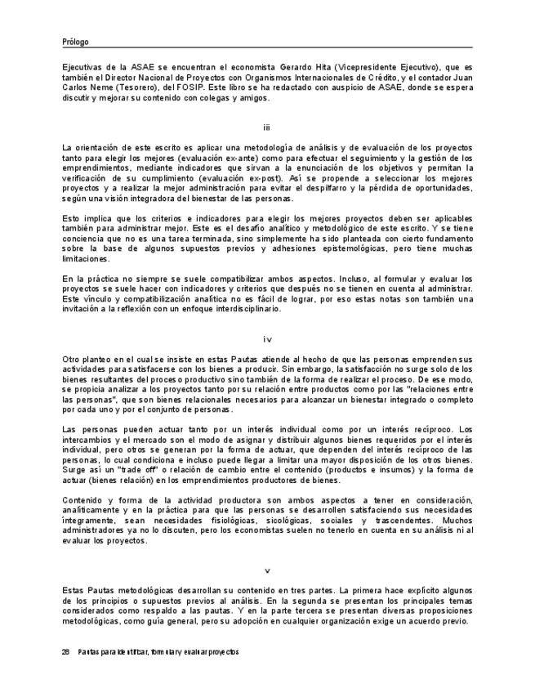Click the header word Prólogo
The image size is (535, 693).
[75, 42]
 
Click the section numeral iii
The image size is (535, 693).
[267, 127]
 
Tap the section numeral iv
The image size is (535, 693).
[267, 339]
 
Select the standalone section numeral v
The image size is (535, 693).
[267, 570]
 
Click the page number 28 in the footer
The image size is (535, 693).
[66, 653]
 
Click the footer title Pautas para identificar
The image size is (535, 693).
[123, 653]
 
